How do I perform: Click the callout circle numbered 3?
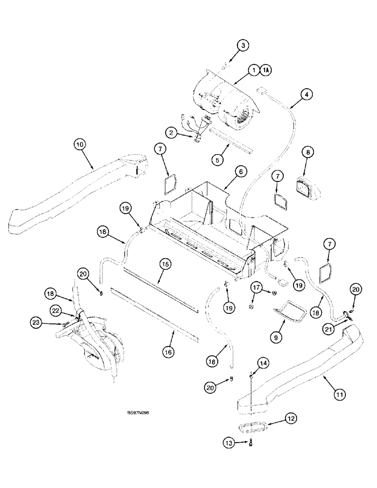pos(243,45)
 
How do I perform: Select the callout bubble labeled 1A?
pos(266,70)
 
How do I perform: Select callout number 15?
pos(166,264)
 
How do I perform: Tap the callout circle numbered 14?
pos(263,363)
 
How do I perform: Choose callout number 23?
pos(35,322)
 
